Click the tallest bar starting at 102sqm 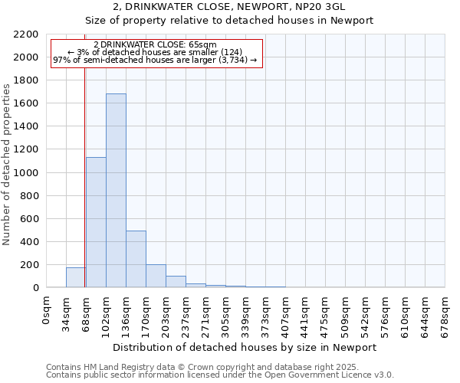pyautogui.click(x=116, y=191)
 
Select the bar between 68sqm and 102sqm pyautogui.click(x=96, y=222)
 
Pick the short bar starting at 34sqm pyautogui.click(x=75, y=277)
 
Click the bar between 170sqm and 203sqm pyautogui.click(x=156, y=276)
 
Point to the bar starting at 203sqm pyautogui.click(x=176, y=281)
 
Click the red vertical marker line pyautogui.click(x=85, y=191)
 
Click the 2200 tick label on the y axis pyautogui.click(x=26, y=34)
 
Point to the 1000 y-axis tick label pyautogui.click(x=26, y=173)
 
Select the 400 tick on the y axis pyautogui.click(x=29, y=242)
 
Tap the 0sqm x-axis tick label pyautogui.click(x=47, y=310)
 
